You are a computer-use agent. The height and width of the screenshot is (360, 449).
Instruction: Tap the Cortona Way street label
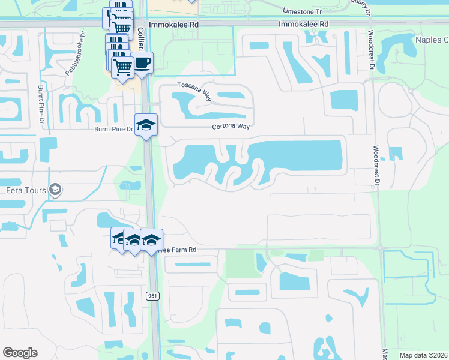pyautogui.click(x=230, y=127)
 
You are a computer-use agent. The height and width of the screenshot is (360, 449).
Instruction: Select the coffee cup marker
pyautogui.click(x=142, y=63)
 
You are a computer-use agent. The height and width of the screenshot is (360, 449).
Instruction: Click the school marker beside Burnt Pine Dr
pyautogui.click(x=146, y=125)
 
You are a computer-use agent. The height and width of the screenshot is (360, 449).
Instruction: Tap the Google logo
pyautogui.click(x=20, y=353)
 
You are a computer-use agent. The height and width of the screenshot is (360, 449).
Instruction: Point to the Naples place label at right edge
pyautogui.click(x=432, y=40)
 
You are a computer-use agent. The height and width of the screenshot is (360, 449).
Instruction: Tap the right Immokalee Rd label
pyautogui.click(x=304, y=24)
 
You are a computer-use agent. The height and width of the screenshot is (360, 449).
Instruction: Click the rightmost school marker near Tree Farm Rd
pyautogui.click(x=152, y=239)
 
